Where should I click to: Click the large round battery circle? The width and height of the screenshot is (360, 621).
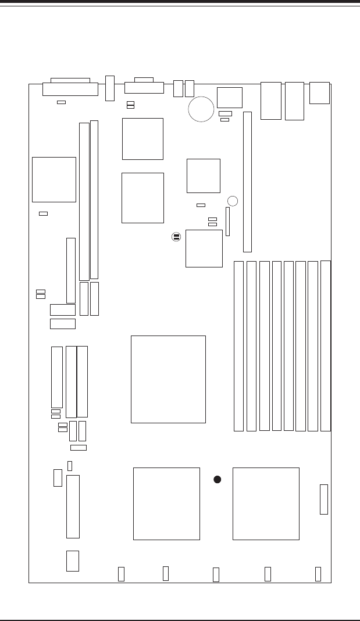point(201,109)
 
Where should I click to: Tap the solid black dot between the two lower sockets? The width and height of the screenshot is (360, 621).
point(217,480)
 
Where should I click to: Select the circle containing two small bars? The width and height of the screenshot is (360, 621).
point(176,237)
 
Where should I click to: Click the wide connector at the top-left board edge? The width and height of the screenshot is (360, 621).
point(70,87)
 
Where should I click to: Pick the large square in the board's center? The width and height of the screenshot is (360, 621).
point(168,379)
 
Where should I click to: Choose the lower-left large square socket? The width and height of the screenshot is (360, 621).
point(166,504)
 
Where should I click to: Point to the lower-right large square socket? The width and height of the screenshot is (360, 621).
point(266,504)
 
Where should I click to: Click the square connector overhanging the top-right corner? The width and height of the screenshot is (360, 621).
point(320,92)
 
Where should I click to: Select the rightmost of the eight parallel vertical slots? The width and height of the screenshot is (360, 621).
point(325,346)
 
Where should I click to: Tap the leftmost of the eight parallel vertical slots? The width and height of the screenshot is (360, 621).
point(238,347)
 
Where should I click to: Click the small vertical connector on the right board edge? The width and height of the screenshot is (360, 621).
point(324,499)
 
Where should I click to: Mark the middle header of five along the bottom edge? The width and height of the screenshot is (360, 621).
point(216,574)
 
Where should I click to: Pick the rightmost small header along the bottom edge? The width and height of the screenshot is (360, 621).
point(318,573)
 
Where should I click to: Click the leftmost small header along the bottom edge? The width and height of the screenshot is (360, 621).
point(121,574)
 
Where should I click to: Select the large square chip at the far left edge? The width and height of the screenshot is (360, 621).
point(54,179)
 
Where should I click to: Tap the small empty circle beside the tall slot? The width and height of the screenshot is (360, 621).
point(233,201)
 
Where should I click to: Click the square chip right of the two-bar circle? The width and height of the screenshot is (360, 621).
point(204,248)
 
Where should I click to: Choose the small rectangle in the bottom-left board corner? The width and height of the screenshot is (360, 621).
point(72,561)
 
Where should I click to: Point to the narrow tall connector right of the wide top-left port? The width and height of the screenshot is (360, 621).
point(109,88)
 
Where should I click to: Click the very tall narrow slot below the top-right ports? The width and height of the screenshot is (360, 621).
point(247,182)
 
